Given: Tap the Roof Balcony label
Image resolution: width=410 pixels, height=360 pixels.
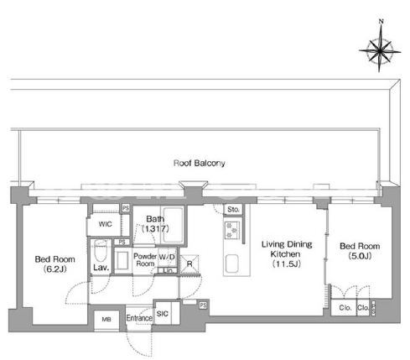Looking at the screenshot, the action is click(x=200, y=163).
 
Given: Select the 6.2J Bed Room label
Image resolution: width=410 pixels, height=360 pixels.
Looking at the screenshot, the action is click(x=54, y=264).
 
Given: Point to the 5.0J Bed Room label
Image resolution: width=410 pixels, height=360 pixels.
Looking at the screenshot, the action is click(x=360, y=251).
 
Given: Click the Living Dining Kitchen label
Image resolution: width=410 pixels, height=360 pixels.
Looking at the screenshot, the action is click(x=287, y=254).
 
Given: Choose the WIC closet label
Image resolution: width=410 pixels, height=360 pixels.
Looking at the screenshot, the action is click(x=105, y=224).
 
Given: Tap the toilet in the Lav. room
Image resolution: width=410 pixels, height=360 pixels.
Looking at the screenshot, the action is click(x=101, y=250).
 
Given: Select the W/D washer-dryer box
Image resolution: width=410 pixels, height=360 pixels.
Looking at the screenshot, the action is click(x=167, y=257).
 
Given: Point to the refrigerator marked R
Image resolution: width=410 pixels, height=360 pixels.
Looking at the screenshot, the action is click(x=189, y=263).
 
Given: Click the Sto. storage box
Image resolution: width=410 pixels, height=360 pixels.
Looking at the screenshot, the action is click(x=233, y=209).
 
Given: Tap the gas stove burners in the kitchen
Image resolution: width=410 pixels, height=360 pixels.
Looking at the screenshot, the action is click(x=232, y=229).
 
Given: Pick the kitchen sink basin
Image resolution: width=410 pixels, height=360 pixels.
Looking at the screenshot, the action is click(x=231, y=263).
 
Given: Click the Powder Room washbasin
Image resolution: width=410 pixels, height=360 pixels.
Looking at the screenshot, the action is click(x=122, y=260).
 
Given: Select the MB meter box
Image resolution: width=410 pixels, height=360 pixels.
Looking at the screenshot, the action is click(x=106, y=319).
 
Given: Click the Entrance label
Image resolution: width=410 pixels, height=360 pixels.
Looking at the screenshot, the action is click(x=139, y=318).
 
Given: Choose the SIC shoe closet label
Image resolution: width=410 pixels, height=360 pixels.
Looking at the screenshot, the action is click(x=163, y=314).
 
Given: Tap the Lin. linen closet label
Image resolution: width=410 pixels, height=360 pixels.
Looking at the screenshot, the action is click(x=169, y=270).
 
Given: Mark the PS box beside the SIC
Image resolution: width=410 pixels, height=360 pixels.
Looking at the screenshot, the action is click(x=203, y=305).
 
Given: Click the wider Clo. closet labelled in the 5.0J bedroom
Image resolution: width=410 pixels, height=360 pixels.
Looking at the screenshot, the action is click(x=345, y=308).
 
